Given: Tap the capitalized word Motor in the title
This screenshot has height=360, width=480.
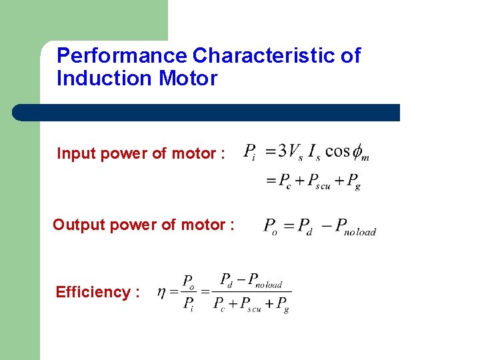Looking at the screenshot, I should (x=188, y=79).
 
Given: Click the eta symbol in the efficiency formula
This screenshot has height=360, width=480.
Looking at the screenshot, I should (x=161, y=292).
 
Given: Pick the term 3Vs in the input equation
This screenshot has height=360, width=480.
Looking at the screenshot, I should (x=291, y=153).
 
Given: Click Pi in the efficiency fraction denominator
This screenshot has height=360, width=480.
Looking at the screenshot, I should (x=189, y=306).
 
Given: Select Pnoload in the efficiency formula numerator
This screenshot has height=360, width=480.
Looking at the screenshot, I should (x=263, y=281).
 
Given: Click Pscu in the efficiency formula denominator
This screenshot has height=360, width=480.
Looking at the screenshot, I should (x=250, y=305).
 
